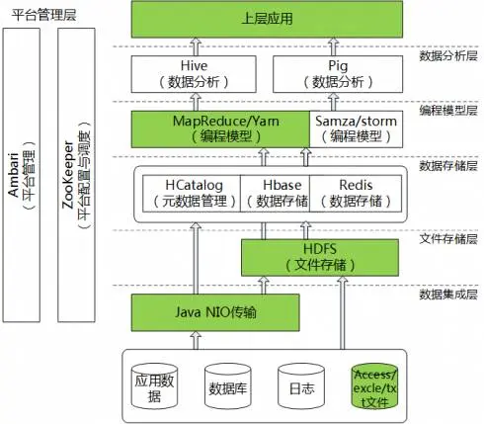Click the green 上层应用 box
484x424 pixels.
click(x=269, y=19)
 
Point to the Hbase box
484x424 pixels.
click(x=274, y=194)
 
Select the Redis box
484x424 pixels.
click(x=355, y=194)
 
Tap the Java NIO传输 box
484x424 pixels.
click(x=215, y=314)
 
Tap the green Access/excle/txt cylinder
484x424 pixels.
click(x=376, y=384)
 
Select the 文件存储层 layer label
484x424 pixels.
click(x=447, y=238)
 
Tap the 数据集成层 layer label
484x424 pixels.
click(x=447, y=295)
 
